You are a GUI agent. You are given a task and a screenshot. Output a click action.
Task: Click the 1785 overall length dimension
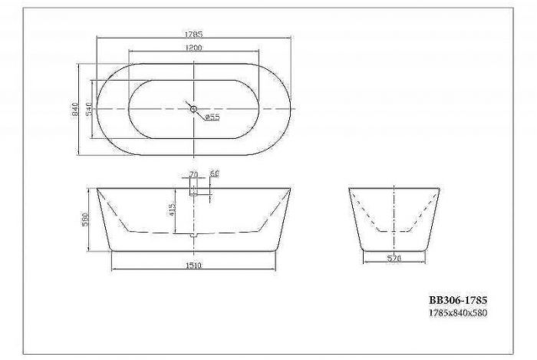point(193,35)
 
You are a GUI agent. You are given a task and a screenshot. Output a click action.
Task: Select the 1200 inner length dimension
point(193,48)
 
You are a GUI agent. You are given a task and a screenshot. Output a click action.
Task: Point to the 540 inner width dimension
point(89,110)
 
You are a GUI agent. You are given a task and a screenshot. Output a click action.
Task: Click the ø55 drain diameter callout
point(212,117)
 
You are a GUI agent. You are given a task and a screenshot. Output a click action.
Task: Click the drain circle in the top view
point(193,109)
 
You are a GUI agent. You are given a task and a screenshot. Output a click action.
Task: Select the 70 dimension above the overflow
point(193,174)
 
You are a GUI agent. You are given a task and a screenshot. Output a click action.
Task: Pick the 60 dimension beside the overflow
point(215,174)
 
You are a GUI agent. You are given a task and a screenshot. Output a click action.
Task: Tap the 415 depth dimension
point(174,208)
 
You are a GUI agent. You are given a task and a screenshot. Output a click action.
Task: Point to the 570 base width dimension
point(394,259)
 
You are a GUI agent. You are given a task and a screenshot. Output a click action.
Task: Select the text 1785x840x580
point(457,313)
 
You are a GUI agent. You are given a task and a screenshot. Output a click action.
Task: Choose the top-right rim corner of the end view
point(439,187)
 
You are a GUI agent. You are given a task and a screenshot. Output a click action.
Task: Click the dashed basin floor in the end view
point(394,230)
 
